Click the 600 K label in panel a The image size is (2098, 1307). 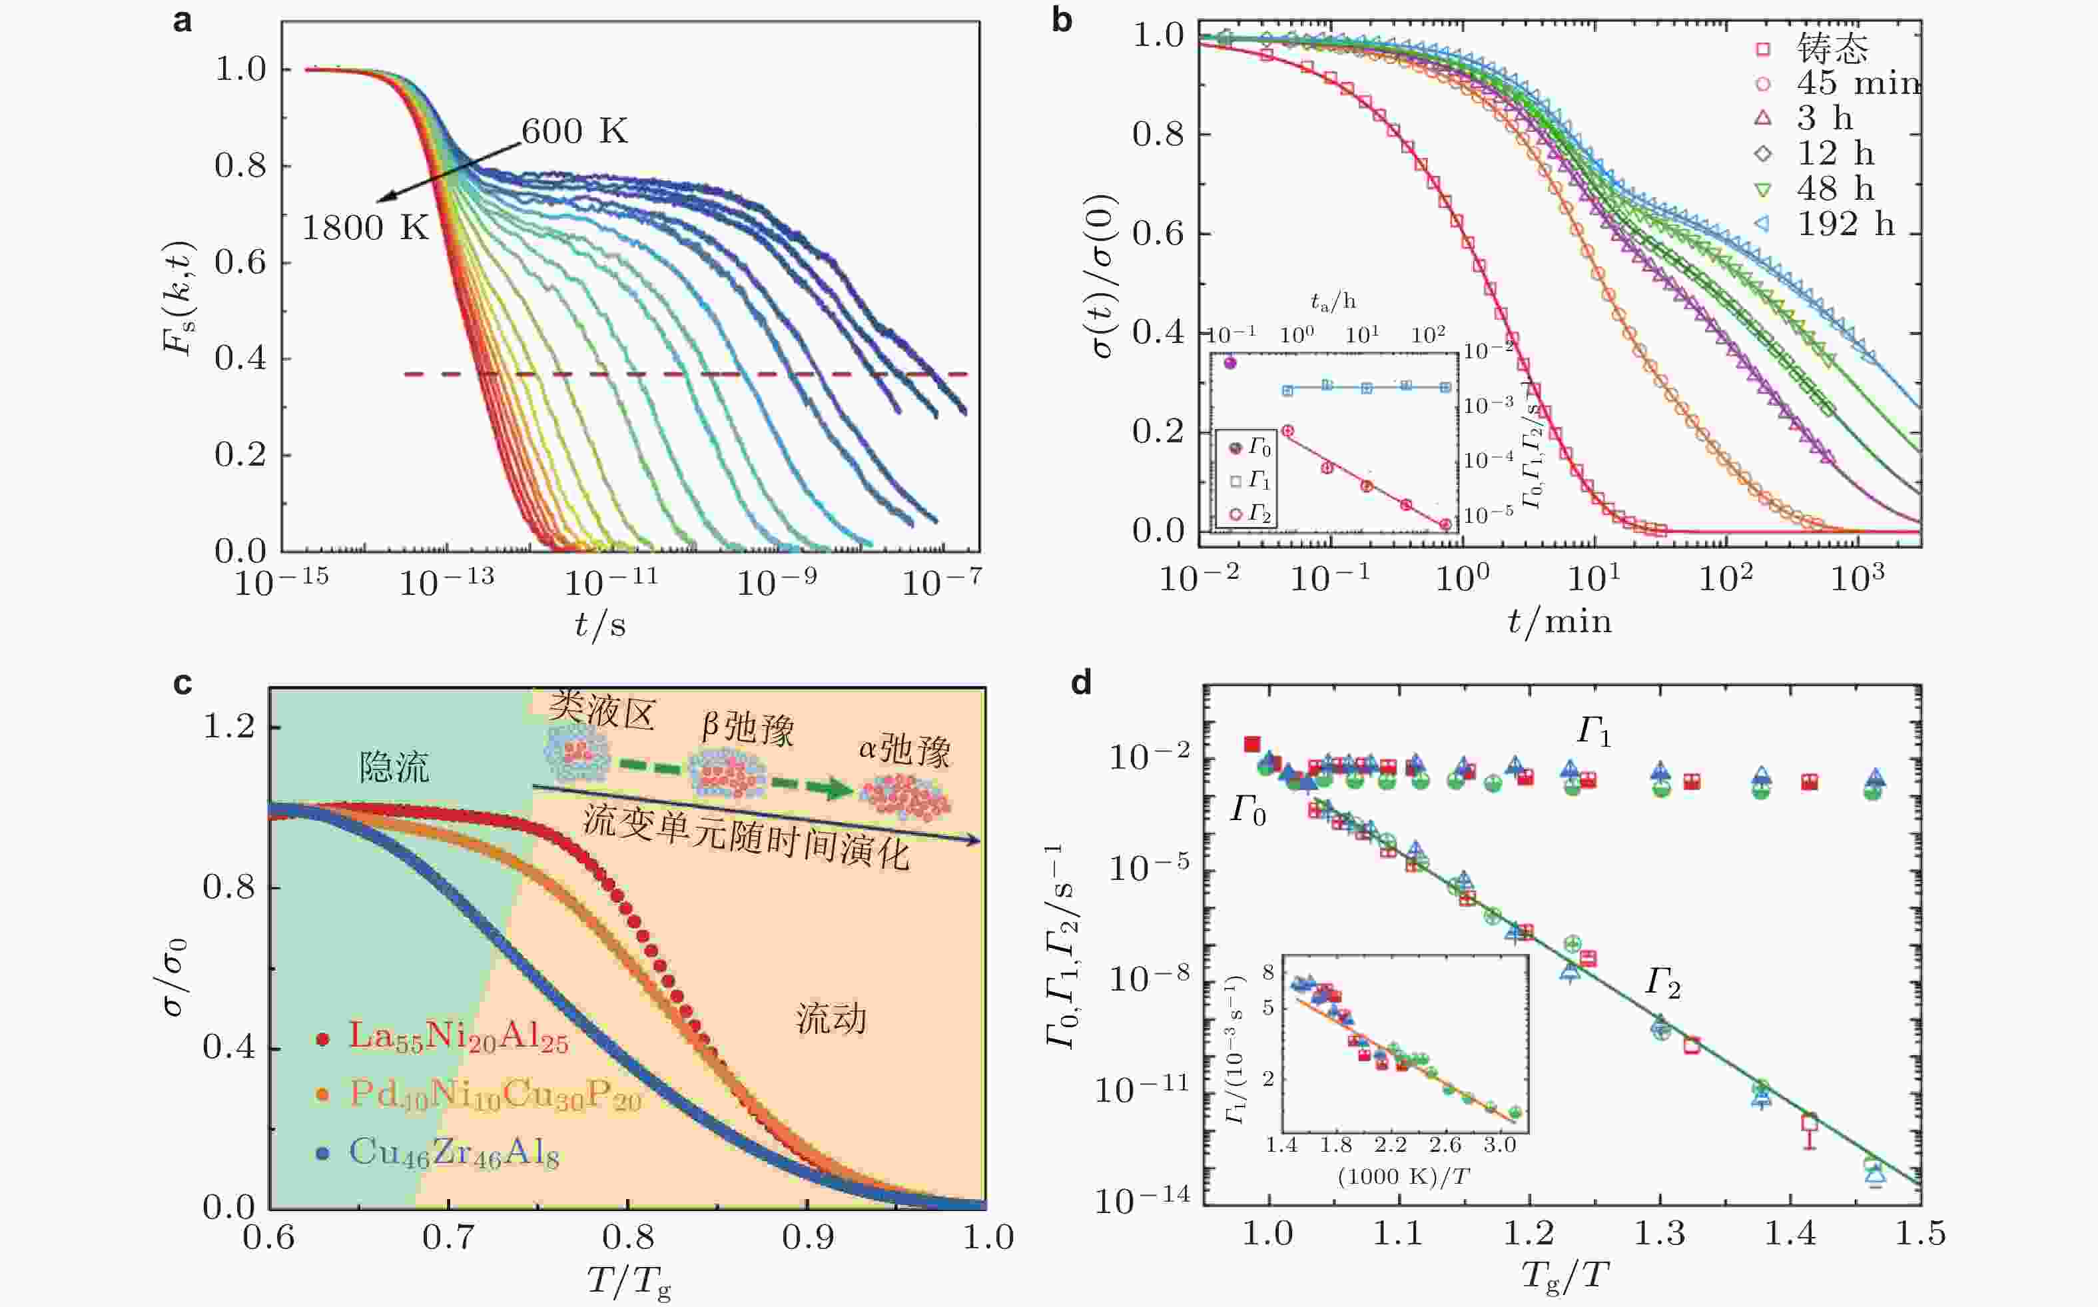[x=575, y=131]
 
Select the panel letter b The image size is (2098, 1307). [x=1062, y=19]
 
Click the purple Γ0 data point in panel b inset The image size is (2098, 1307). [x=1231, y=363]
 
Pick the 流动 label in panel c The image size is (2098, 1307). [x=831, y=1019]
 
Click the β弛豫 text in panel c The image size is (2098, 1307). [x=747, y=728]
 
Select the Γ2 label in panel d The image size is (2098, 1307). [x=1662, y=983]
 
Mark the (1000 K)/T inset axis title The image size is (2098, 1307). [x=1403, y=1176]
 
